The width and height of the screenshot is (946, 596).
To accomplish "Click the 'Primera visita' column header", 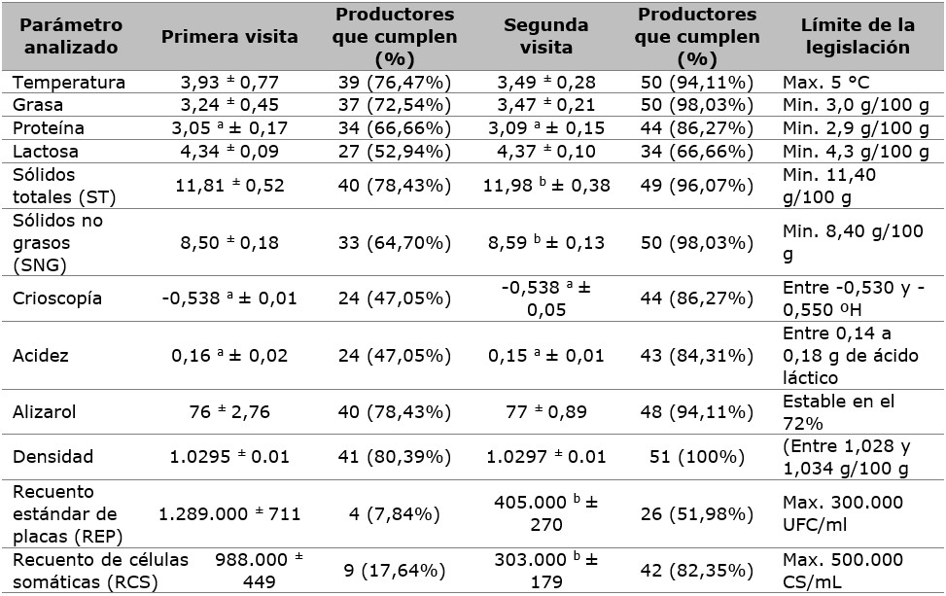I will click(228, 36).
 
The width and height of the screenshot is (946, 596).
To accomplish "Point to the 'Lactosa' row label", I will click(46, 152).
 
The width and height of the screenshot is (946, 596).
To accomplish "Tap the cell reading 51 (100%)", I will click(696, 456).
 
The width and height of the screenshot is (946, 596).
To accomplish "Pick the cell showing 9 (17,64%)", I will click(395, 571).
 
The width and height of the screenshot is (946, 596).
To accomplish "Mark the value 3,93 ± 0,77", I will click(228, 81).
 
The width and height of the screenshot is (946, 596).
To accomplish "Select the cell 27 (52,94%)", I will click(395, 152).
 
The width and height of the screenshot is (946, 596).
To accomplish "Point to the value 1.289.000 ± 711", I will click(229, 513).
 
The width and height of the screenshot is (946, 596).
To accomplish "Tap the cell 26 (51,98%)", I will click(696, 513).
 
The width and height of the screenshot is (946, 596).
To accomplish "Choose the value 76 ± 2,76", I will click(228, 410).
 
